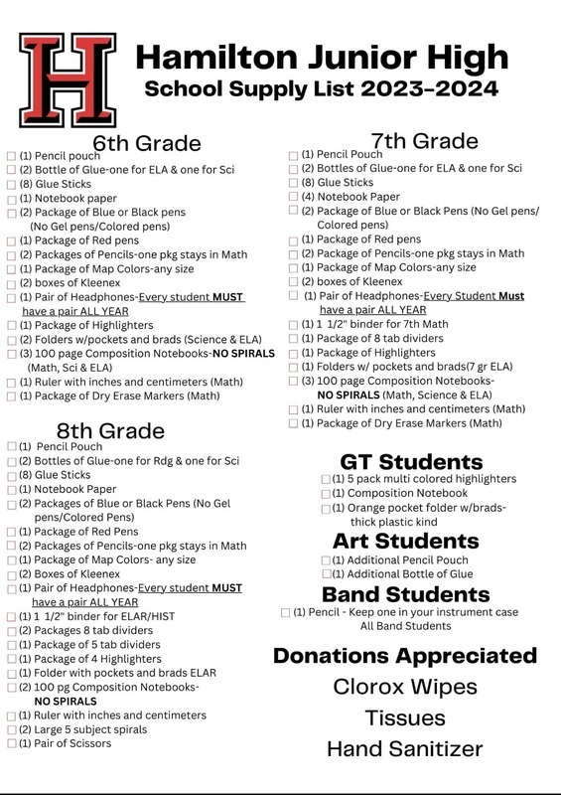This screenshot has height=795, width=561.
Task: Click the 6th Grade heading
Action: tap(147, 143)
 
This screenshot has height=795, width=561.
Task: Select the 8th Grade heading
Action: tap(110, 430)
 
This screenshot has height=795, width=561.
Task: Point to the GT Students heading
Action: tap(411, 461)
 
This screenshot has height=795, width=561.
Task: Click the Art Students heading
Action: tap(405, 541)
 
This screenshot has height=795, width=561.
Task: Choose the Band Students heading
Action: tap(405, 594)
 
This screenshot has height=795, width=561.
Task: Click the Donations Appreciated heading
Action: tap(404, 656)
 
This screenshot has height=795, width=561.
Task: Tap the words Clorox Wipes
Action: tap(404, 686)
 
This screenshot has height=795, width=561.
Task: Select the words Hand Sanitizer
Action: tap(404, 748)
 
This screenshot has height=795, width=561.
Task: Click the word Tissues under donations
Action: tap(404, 716)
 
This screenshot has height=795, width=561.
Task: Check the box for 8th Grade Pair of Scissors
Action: tap(11, 743)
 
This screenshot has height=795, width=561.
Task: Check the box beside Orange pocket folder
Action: tap(326, 509)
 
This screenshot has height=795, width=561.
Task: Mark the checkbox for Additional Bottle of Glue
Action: tap(326, 574)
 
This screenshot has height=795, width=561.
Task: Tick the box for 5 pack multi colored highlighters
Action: tap(326, 479)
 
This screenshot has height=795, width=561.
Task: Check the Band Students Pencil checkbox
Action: tap(286, 612)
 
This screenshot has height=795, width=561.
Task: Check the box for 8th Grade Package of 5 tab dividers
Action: tap(11, 644)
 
